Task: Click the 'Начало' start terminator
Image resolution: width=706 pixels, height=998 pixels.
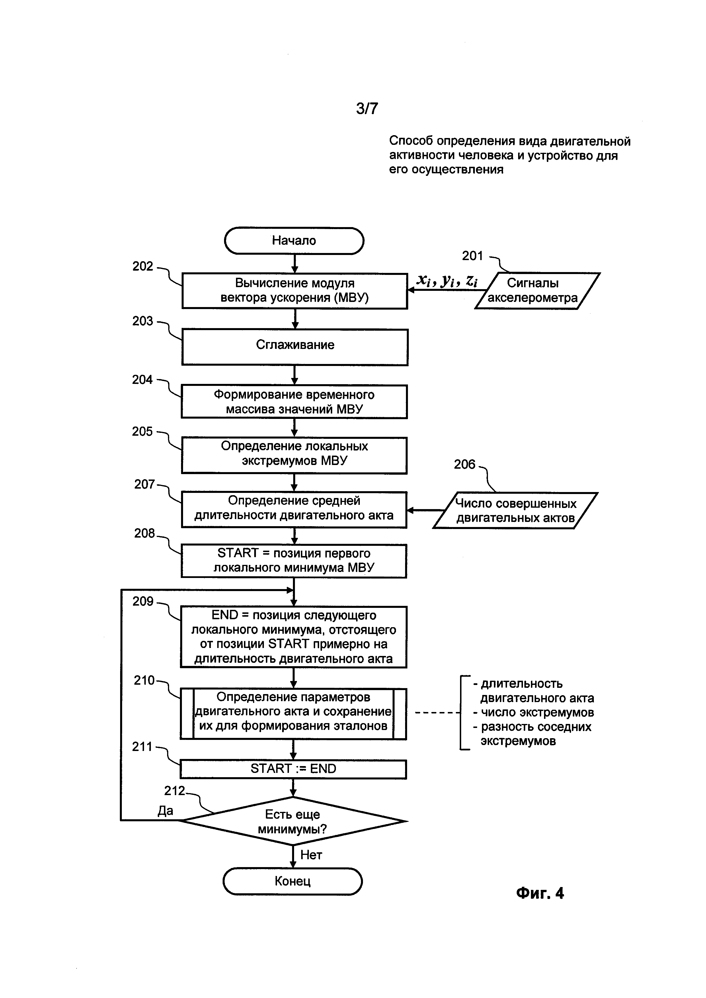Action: (x=294, y=241)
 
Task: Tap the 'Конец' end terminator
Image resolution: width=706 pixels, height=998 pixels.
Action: (x=293, y=881)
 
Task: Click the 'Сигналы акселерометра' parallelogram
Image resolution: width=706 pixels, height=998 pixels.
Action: (x=537, y=290)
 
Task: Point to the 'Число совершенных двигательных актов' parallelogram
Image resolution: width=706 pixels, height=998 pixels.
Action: (x=515, y=510)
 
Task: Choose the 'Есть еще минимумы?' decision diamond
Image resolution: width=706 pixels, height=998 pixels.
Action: (x=293, y=821)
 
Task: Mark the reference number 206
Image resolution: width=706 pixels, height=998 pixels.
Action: (x=464, y=464)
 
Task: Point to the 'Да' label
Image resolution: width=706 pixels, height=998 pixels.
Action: (x=165, y=810)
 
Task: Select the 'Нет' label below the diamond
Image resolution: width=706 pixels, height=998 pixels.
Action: (x=311, y=855)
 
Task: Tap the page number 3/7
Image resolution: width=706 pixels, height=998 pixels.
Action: (x=367, y=108)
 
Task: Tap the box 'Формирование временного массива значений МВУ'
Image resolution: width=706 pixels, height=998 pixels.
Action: (x=294, y=402)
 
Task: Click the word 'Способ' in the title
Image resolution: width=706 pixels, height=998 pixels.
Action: (x=411, y=141)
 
